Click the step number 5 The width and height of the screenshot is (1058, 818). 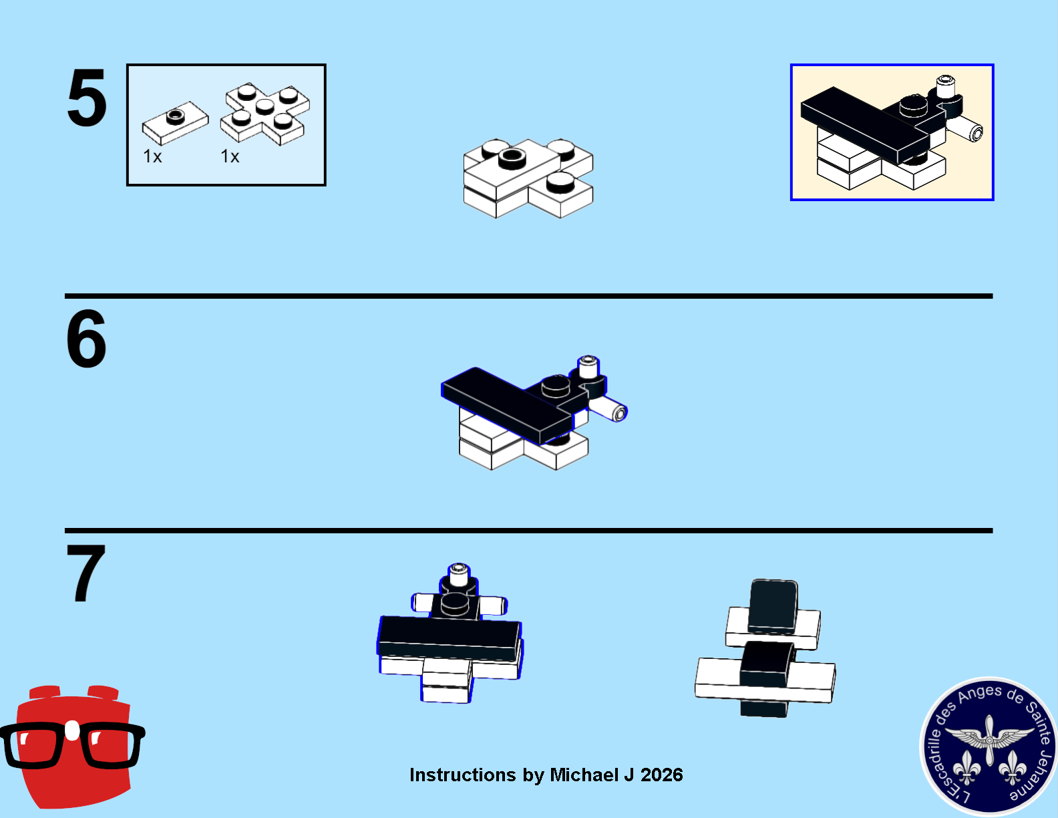coord(87,98)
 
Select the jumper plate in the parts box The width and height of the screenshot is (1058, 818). coord(175,122)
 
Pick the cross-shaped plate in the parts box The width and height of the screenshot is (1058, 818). coord(265,113)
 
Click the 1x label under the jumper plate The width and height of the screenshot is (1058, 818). coord(152,156)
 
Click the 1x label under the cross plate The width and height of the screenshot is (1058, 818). coord(230,156)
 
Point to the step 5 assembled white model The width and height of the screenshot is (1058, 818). coord(528,178)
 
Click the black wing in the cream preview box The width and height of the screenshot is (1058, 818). coord(865,124)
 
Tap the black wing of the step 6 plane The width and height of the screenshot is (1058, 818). coord(507,404)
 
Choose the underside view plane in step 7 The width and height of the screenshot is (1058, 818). coord(765,648)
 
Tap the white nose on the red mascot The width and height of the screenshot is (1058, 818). coord(72,730)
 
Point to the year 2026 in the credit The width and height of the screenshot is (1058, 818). coord(662,775)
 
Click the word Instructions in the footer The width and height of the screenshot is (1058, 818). coord(462,775)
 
